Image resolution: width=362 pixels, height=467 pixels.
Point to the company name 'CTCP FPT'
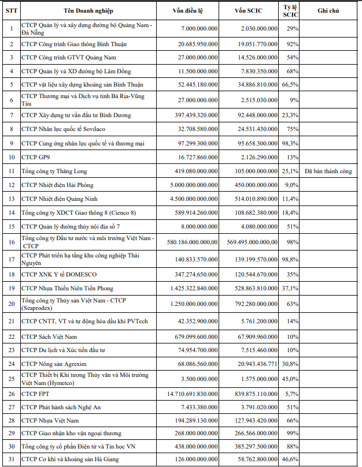tap(35, 394)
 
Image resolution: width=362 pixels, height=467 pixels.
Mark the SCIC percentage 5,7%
tap(291, 394)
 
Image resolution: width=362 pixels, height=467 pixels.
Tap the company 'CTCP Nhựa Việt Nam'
tap(51, 421)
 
